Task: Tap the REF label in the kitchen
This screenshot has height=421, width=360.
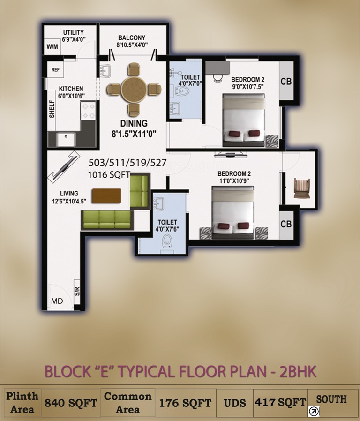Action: click(x=55, y=69)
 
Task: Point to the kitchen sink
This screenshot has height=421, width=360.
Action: click(x=65, y=139)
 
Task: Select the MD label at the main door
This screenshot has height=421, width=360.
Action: click(x=57, y=301)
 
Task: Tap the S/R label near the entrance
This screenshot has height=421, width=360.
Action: click(x=77, y=291)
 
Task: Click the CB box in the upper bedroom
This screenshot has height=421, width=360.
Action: click(x=286, y=82)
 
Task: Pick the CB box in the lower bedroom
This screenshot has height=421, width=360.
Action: click(x=286, y=224)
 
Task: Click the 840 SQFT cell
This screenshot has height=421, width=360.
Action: click(x=71, y=402)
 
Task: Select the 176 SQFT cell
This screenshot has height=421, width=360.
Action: click(x=185, y=402)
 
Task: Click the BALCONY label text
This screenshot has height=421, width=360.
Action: click(x=132, y=38)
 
